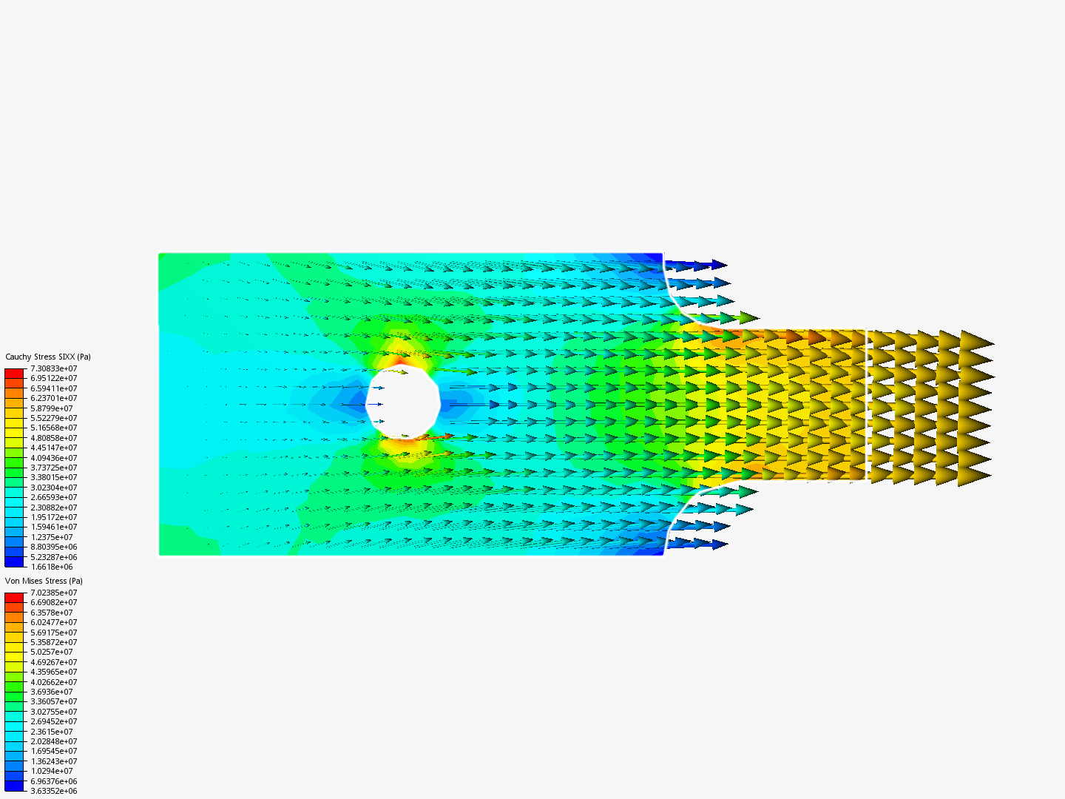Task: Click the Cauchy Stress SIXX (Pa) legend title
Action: click(x=48, y=357)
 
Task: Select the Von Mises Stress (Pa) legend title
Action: click(x=44, y=581)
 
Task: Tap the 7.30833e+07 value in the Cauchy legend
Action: click(x=54, y=368)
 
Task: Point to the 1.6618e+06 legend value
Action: click(x=52, y=567)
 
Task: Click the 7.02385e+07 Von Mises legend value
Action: click(x=54, y=593)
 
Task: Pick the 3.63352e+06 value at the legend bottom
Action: click(x=54, y=792)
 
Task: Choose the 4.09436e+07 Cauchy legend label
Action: click(x=54, y=458)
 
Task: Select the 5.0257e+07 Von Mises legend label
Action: click(x=52, y=652)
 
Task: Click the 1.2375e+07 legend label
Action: click(x=52, y=537)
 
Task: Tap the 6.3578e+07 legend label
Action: click(x=52, y=613)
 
